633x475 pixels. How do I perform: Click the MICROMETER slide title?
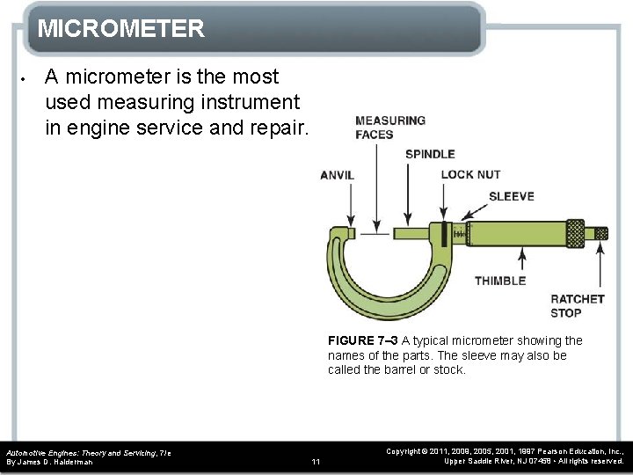[121, 29]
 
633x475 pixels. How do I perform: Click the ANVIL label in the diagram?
[337, 175]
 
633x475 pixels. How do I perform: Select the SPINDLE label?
[430, 155]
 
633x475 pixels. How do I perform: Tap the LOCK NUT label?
[470, 175]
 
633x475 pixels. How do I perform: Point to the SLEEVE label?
[511, 196]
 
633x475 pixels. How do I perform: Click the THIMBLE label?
[500, 281]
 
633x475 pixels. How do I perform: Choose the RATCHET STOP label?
[577, 305]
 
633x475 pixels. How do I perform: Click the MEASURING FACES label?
[389, 128]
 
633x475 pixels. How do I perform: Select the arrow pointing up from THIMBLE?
[523, 259]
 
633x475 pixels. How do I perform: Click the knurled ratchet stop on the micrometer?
[600, 233]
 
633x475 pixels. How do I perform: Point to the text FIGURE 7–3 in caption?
[362, 340]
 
